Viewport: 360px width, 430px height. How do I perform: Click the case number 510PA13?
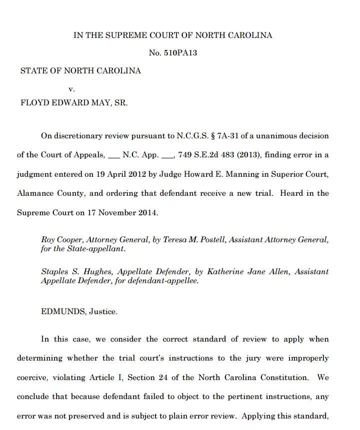tap(180, 52)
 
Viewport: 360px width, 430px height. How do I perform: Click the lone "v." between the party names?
tap(71, 88)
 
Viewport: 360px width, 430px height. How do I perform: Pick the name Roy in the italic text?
tap(48, 240)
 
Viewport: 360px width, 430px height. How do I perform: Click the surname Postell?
tap(206, 240)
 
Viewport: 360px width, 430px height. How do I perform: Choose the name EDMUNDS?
tap(63, 312)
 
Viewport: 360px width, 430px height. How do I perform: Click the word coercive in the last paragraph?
tap(33, 378)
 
